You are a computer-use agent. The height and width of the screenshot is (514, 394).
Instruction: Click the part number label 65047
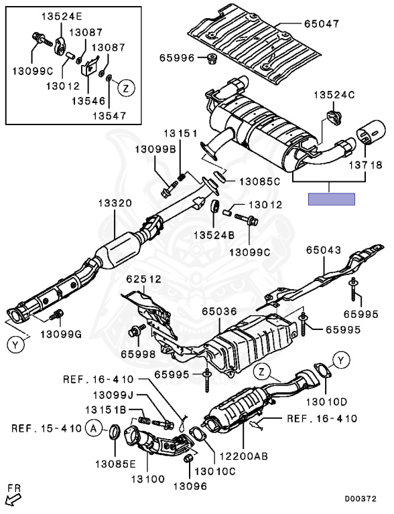tap(321, 24)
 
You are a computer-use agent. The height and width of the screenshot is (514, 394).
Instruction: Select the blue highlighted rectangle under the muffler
tap(331, 199)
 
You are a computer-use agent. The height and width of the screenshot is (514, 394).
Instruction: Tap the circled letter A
tap(94, 428)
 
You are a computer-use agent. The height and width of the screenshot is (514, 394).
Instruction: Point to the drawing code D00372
tap(360, 499)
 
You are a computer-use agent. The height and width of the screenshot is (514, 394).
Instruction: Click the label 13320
tap(115, 203)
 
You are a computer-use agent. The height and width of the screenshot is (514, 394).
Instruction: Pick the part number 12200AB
tap(243, 456)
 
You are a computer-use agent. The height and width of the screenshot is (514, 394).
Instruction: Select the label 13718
tap(365, 165)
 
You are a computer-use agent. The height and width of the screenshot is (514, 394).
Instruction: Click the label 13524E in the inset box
tap(62, 17)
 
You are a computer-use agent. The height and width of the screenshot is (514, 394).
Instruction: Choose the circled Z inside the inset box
tap(126, 88)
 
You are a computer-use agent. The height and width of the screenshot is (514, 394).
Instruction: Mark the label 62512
tap(144, 279)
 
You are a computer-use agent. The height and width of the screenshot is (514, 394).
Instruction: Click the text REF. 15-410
tap(46, 428)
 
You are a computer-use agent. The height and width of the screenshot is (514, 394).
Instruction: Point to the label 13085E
tap(115, 464)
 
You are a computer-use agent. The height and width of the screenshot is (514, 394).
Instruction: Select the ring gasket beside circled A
tap(115, 432)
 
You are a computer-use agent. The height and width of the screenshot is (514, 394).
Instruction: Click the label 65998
tap(138, 354)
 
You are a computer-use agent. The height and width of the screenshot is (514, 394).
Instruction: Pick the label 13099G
tap(61, 335)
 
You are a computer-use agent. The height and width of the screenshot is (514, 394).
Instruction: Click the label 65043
tap(324, 250)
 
